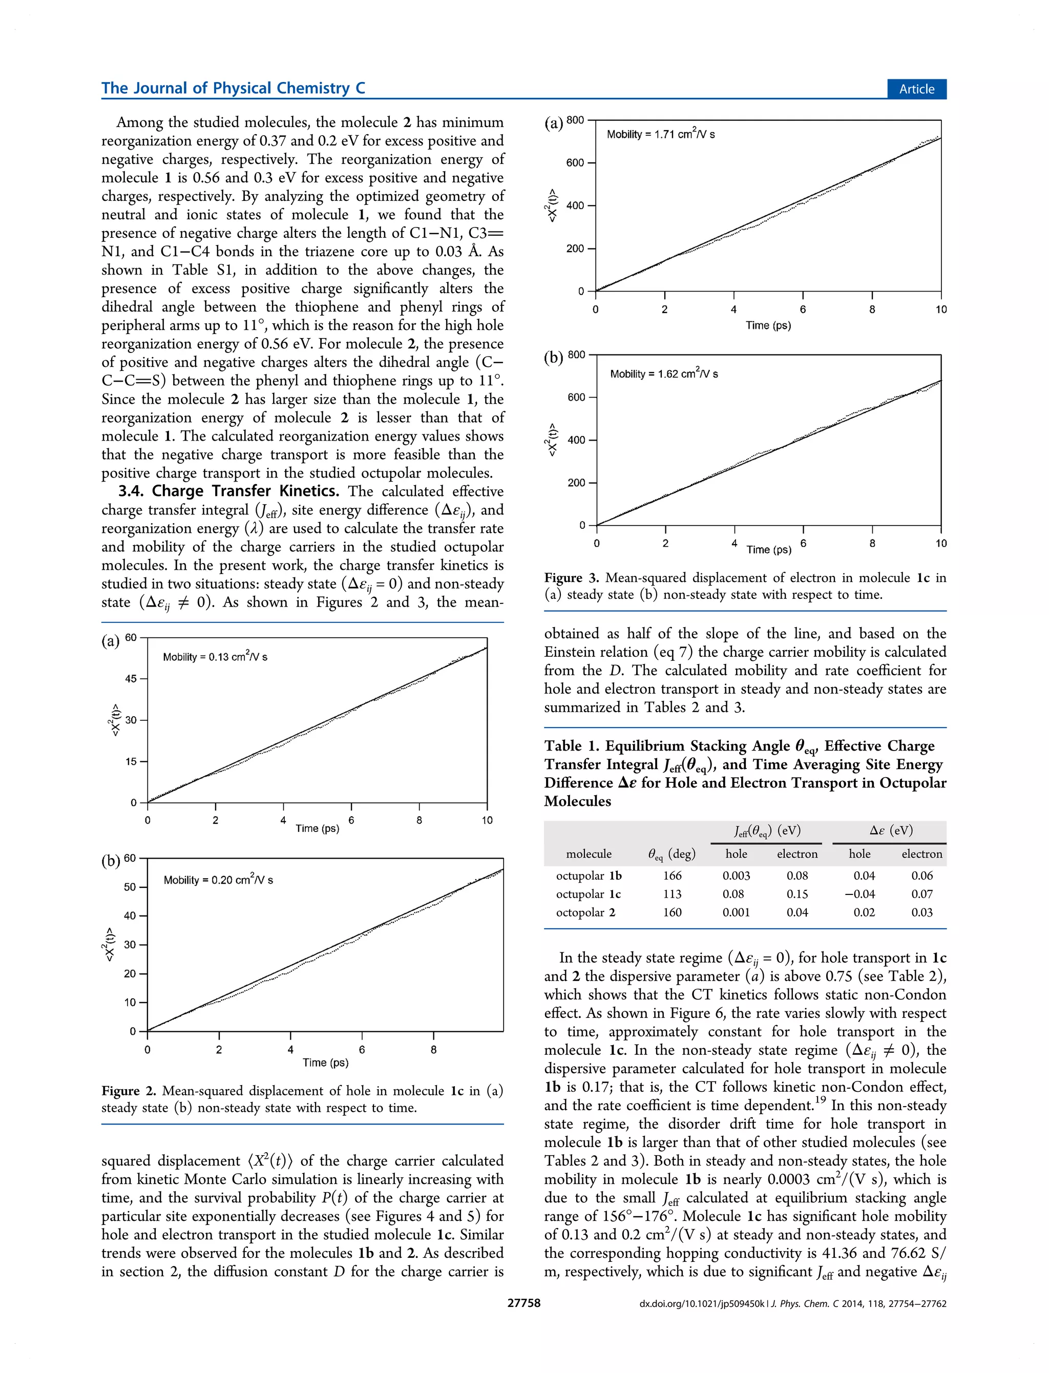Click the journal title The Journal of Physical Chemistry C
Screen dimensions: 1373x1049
tap(233, 88)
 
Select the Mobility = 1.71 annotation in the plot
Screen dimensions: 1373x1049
tap(660, 134)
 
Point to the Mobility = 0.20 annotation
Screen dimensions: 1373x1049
tap(218, 879)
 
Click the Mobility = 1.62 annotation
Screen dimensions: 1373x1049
tap(663, 373)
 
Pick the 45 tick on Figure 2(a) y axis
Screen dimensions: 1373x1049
tap(131, 679)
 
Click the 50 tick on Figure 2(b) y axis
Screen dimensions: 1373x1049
tap(130, 887)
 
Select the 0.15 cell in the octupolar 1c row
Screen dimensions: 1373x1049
tap(797, 894)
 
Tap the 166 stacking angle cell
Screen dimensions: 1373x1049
tap(672, 876)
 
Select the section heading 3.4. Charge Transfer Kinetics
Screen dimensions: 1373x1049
tap(228, 491)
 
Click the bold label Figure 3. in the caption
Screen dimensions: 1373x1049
tap(571, 577)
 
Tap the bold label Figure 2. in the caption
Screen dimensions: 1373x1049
tap(129, 1091)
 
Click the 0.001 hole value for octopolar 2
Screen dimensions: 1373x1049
tap(736, 912)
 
